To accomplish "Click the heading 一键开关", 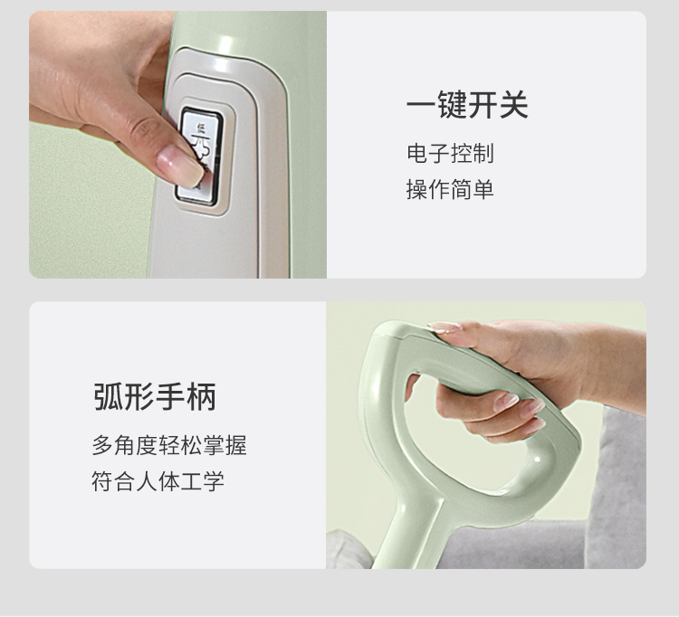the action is (x=467, y=105).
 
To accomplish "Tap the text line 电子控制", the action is (x=450, y=153).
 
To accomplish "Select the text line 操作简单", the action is (x=450, y=189).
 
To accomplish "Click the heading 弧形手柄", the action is (x=155, y=397).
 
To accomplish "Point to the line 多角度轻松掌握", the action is (x=169, y=445).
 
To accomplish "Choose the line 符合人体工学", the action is (x=158, y=481).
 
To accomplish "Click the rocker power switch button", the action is (x=200, y=156).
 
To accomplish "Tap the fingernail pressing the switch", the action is (x=180, y=166).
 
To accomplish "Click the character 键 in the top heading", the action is (x=452, y=105).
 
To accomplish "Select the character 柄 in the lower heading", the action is (x=201, y=397).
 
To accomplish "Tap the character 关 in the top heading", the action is (x=513, y=105).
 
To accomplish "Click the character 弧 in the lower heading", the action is (x=109, y=397).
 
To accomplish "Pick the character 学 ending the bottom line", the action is (x=214, y=481).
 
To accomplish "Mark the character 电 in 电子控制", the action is (x=417, y=153).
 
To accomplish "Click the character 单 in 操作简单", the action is (x=483, y=189).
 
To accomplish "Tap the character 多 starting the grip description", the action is (x=102, y=445).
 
